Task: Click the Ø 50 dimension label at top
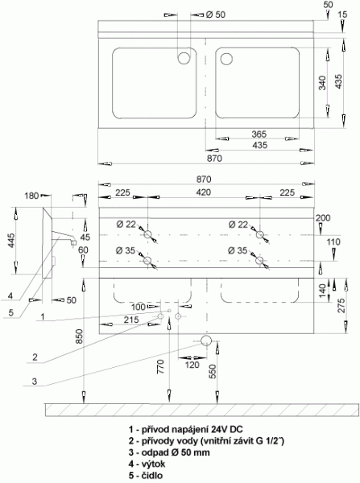coord(216,14)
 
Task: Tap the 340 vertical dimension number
coord(322,83)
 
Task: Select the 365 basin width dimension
coord(259,134)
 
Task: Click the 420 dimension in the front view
coord(204,192)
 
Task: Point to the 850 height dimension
coord(79,336)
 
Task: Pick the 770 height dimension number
coord(161,366)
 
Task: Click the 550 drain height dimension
coord(213,371)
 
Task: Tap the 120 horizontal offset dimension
coord(192,365)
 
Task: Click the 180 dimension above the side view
coord(31,196)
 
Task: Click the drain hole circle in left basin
coord(184,58)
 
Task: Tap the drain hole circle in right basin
coord(226,59)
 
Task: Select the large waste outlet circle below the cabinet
coord(206,341)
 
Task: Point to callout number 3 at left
coord(35,381)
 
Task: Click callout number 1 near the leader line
coord(43,316)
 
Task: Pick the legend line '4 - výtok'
coord(147,464)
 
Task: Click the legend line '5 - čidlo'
coord(146,475)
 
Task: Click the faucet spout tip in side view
coord(73,243)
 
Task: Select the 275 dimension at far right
coord(341,305)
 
